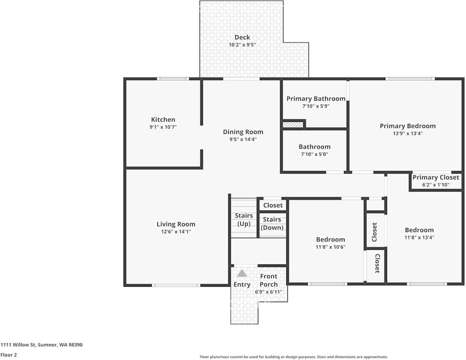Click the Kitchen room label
tap(163, 119)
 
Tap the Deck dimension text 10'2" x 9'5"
tap(242, 45)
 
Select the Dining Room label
tap(243, 132)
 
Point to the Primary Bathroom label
tap(316, 99)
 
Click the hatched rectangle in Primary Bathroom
tap(293, 124)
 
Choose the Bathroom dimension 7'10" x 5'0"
tap(315, 154)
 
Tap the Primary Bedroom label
tap(407, 126)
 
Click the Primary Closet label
tap(436, 177)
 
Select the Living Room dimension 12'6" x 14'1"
tap(176, 232)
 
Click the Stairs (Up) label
tap(244, 219)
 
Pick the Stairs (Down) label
tap(272, 223)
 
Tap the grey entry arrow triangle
tap(242, 273)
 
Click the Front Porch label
tap(269, 280)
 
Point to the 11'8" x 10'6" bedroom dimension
tap(330, 247)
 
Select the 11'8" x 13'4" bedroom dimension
tap(419, 238)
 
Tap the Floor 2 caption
tap(9, 355)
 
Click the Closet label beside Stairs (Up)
tap(273, 205)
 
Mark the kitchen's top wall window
tap(173, 79)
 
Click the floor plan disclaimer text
tap(294, 357)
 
